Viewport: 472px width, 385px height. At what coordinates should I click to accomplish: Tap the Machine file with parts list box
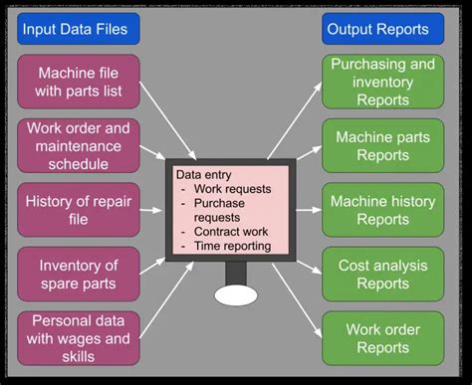(79, 82)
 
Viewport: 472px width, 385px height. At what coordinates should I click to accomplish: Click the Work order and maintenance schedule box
(79, 145)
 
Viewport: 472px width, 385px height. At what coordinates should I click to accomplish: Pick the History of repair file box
(79, 210)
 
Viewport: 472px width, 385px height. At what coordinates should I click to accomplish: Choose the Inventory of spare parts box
(79, 274)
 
